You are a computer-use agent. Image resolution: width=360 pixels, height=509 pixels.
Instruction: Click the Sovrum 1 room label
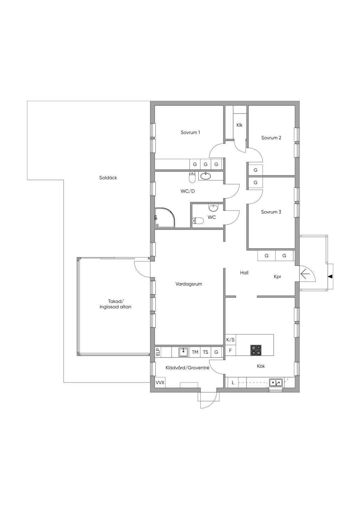190,132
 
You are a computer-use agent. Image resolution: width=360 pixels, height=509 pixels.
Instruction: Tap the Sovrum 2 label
271,138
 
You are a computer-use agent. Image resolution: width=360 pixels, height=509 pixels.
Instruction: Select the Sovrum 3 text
271,212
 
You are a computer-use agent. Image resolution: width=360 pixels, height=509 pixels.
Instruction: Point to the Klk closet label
239,125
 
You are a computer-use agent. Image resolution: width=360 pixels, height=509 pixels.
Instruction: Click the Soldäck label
108,178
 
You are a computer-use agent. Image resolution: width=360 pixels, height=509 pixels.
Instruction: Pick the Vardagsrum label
189,284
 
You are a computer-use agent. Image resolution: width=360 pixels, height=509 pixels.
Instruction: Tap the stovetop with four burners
256,350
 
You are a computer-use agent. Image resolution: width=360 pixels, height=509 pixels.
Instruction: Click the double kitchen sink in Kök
276,383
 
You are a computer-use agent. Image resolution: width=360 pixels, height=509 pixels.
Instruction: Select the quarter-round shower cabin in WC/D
165,217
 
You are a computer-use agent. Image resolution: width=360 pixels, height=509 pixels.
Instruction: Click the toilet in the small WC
198,220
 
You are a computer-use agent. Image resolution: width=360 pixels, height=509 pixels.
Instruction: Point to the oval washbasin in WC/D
206,176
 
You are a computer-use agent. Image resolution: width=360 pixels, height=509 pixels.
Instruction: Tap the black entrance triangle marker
330,277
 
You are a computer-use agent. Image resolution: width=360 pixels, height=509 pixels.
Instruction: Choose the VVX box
160,383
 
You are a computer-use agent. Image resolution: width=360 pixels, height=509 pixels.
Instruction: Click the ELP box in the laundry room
158,352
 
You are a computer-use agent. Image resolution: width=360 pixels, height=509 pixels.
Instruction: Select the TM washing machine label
195,352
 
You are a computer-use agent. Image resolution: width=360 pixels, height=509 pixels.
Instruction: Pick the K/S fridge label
230,340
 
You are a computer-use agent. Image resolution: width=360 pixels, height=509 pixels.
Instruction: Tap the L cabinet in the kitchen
233,383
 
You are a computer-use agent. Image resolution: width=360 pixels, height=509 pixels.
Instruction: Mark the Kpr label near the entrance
277,277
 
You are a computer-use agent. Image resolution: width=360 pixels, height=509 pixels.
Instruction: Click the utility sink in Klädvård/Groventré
183,352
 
